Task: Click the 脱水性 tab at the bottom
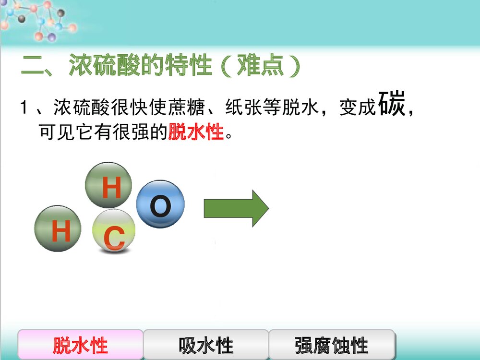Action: click(x=81, y=345)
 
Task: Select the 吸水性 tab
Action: click(x=206, y=345)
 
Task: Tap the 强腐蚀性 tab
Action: click(x=332, y=345)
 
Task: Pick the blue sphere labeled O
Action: click(x=160, y=205)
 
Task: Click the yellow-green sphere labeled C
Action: click(x=114, y=231)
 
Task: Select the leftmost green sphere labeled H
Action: click(x=58, y=228)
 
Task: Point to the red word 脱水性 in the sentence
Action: click(x=196, y=131)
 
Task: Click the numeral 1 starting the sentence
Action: click(x=23, y=108)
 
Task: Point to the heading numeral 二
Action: click(x=32, y=66)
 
